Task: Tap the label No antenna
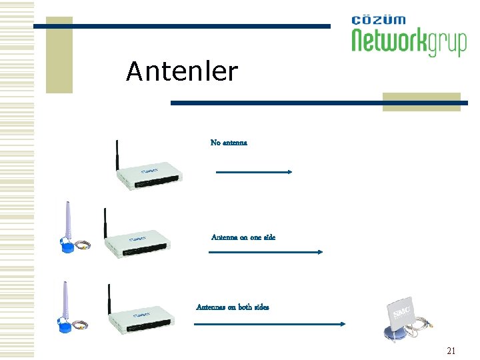coord(229,143)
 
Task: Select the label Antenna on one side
coord(243,237)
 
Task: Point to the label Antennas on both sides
coord(233,307)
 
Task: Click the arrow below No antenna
coord(254,172)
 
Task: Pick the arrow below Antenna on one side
coord(266,252)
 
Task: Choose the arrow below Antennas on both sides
coord(269,324)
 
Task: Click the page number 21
coord(451,351)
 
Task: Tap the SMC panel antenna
coord(403,313)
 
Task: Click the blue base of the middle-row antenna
coord(71,247)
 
